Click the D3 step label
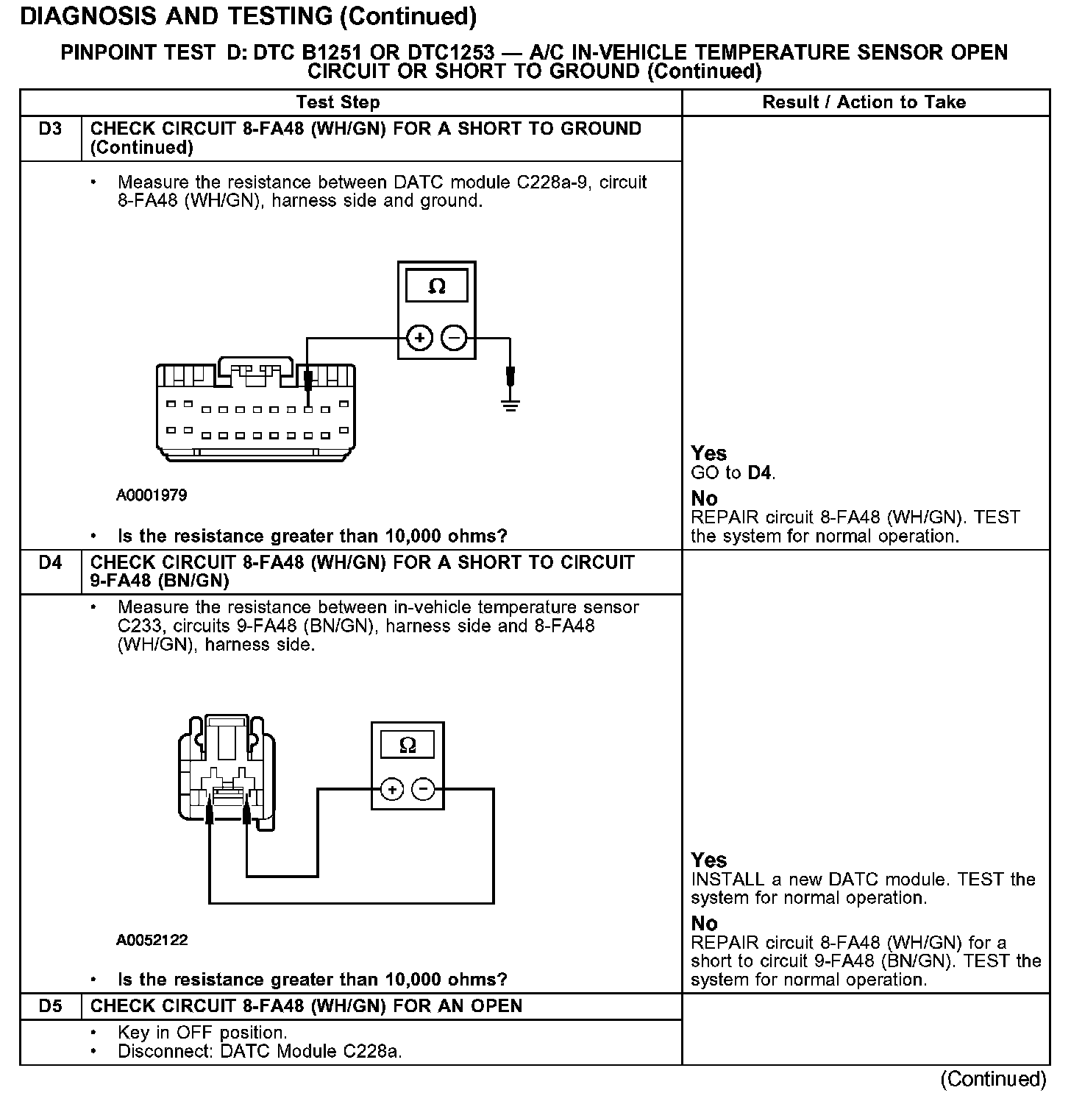[50, 130]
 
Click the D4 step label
[50, 563]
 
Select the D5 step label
[50, 1006]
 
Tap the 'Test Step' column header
[338, 102]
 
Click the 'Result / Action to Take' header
[864, 102]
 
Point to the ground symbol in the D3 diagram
[510, 403]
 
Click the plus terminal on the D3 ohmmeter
[419, 339]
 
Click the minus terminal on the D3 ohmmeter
[455, 339]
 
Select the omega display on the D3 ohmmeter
[437, 286]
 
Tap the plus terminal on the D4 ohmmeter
[392, 790]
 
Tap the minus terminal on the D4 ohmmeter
[423, 790]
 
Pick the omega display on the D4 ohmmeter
[407, 745]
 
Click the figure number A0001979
[152, 495]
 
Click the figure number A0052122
[152, 940]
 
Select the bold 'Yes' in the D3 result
[708, 453]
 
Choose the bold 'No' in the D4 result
[704, 923]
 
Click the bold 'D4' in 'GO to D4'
[760, 473]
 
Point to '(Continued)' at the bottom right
[992, 1079]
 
